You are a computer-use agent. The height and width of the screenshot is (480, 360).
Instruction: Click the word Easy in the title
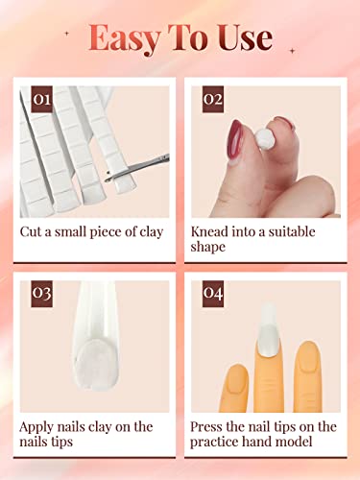[x=125, y=38]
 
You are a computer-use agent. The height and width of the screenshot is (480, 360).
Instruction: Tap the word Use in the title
[x=245, y=38]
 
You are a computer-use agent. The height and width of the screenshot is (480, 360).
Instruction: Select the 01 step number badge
[x=41, y=99]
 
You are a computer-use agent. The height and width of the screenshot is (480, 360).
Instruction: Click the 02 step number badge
[x=214, y=99]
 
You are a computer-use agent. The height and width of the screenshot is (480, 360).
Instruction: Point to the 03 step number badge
[x=41, y=293]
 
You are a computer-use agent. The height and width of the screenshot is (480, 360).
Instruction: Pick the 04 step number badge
[x=214, y=293]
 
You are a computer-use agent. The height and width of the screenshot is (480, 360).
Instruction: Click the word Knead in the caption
[x=210, y=232]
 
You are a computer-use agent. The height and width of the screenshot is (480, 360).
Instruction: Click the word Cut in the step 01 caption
[x=32, y=232]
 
